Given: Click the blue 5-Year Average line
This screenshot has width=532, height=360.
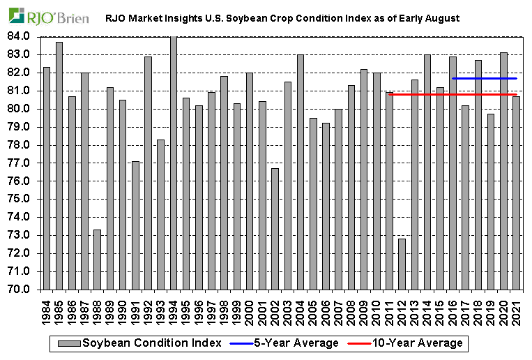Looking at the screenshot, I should (x=485, y=78).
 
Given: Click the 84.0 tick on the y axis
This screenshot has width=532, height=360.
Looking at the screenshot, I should (x=20, y=36).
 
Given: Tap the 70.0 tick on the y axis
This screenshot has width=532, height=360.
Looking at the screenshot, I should (x=20, y=290).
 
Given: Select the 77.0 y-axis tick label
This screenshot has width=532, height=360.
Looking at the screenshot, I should (x=20, y=163).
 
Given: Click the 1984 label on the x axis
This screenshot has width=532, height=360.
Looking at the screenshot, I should (x=47, y=310).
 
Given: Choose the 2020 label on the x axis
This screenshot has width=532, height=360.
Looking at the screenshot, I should (x=504, y=310).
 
